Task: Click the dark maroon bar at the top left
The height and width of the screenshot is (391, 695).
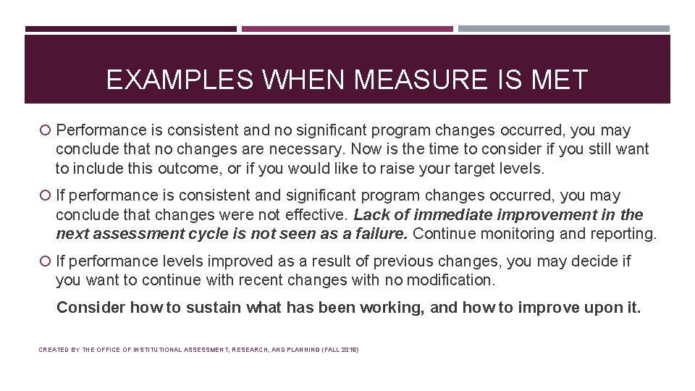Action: [130, 29]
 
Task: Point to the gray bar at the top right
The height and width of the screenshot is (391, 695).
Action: [564, 29]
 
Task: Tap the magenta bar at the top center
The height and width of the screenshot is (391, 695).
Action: [347, 29]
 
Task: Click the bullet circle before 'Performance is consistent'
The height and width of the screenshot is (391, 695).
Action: [46, 131]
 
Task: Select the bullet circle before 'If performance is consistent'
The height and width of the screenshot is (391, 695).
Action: [46, 196]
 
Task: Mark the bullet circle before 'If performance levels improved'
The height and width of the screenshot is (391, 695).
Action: [46, 261]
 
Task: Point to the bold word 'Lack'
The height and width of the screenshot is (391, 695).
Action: [370, 215]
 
